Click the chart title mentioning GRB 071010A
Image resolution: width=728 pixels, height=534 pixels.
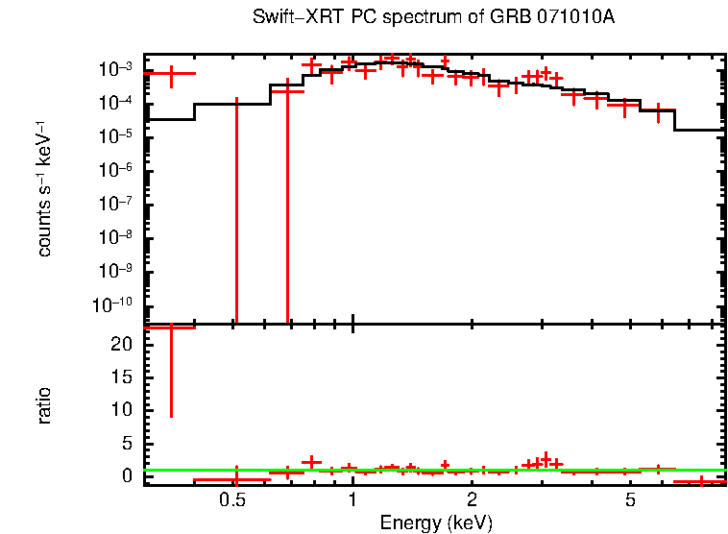pos(433,18)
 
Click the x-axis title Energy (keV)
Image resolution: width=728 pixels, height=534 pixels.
pos(436,522)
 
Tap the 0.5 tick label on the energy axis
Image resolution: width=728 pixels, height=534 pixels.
pos(233,500)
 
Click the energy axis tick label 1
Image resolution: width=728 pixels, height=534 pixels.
pos(353,500)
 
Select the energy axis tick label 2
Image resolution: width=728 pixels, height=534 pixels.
pos(473,500)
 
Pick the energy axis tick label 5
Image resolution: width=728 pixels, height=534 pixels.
pos(630,500)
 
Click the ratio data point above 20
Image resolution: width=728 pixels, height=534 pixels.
pos(170,328)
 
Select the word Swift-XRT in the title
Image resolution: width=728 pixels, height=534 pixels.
pos(287,18)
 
